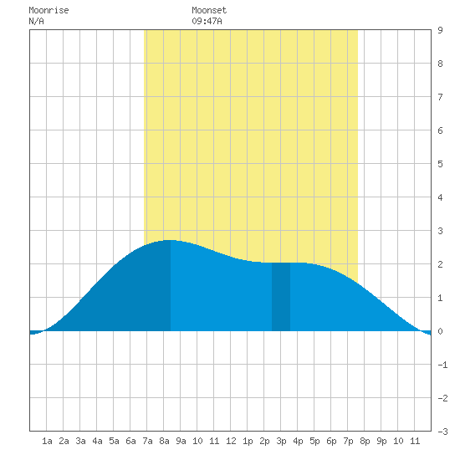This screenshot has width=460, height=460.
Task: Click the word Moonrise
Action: (49, 10)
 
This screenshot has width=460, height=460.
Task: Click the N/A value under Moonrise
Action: (36, 21)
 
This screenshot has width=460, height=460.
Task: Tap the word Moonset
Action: (209, 10)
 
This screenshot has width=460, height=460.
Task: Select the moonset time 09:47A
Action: (207, 21)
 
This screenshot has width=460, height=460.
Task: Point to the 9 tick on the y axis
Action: (440, 30)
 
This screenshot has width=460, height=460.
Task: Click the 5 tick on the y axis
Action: (440, 164)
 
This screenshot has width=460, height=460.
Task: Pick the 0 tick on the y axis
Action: (440, 331)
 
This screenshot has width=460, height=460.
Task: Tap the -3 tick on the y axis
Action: (442, 432)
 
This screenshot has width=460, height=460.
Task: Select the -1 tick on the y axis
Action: (442, 365)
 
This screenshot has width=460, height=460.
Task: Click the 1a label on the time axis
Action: (47, 441)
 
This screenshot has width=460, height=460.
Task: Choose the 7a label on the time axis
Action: (147, 441)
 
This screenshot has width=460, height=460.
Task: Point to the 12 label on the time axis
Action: (231, 441)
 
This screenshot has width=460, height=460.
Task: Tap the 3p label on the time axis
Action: (281, 441)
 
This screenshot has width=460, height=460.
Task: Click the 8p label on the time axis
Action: (365, 441)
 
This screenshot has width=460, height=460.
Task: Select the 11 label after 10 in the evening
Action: (415, 441)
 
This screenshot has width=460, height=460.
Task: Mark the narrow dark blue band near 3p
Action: (281, 297)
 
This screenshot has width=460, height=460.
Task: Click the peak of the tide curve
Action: (171, 240)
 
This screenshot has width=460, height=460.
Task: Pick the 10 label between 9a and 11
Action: (197, 441)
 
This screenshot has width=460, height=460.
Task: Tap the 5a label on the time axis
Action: (114, 441)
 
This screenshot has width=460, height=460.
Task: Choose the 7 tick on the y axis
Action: (440, 97)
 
